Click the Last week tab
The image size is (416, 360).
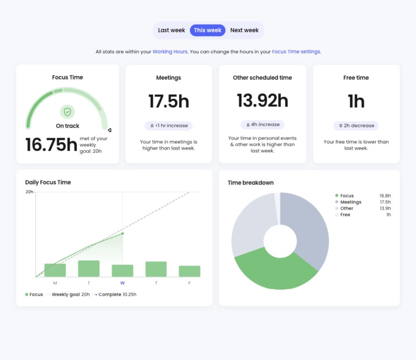[171, 30]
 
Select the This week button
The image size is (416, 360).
[208, 30]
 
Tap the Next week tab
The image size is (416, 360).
[244, 30]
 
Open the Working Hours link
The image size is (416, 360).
[170, 52]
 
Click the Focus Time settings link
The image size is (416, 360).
[296, 52]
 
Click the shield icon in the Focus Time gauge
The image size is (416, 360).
[67, 112]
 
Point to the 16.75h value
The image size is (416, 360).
[51, 145]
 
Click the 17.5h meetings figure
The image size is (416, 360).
[169, 101]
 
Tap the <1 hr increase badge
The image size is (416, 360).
[169, 126]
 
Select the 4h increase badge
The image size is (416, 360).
[262, 124]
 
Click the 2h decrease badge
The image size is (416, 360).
[356, 126]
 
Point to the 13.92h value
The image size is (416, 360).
[262, 100]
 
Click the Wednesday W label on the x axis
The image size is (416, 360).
[122, 283]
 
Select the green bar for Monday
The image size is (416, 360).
[55, 270]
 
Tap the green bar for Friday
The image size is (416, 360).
[189, 271]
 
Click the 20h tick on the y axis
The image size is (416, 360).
[29, 192]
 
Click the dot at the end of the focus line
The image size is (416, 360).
[123, 233]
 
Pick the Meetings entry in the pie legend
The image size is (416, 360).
[351, 202]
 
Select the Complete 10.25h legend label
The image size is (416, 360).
[117, 294]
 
